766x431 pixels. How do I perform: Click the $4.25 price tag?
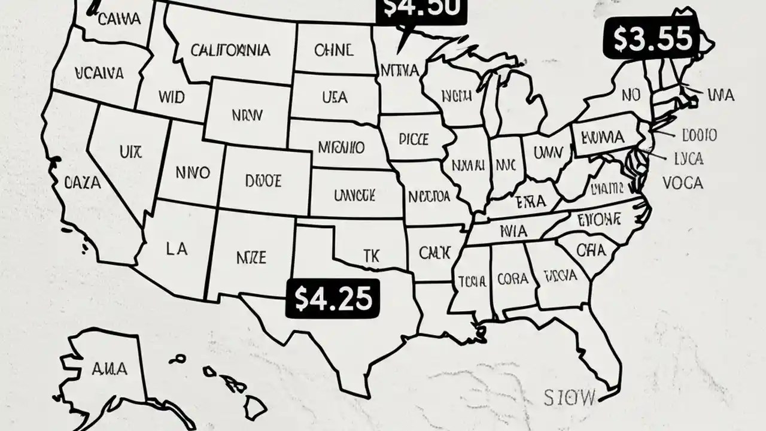pyautogui.click(x=333, y=297)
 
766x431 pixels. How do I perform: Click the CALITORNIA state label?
pyautogui.click(x=230, y=50)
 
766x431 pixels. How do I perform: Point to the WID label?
pyautogui.click(x=172, y=96)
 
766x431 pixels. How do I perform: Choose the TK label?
pyautogui.click(x=371, y=254)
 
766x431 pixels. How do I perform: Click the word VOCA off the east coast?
pyautogui.click(x=683, y=183)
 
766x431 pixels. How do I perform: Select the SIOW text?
pyautogui.click(x=570, y=396)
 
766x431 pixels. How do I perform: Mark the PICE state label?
pyautogui.click(x=413, y=139)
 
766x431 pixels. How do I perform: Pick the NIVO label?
pyautogui.click(x=193, y=174)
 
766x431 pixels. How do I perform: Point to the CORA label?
pyautogui.click(x=512, y=279)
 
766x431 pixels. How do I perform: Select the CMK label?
pyautogui.click(x=434, y=253)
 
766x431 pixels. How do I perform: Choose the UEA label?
pyautogui.click(x=335, y=96)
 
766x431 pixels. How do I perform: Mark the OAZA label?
pyautogui.click(x=83, y=183)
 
